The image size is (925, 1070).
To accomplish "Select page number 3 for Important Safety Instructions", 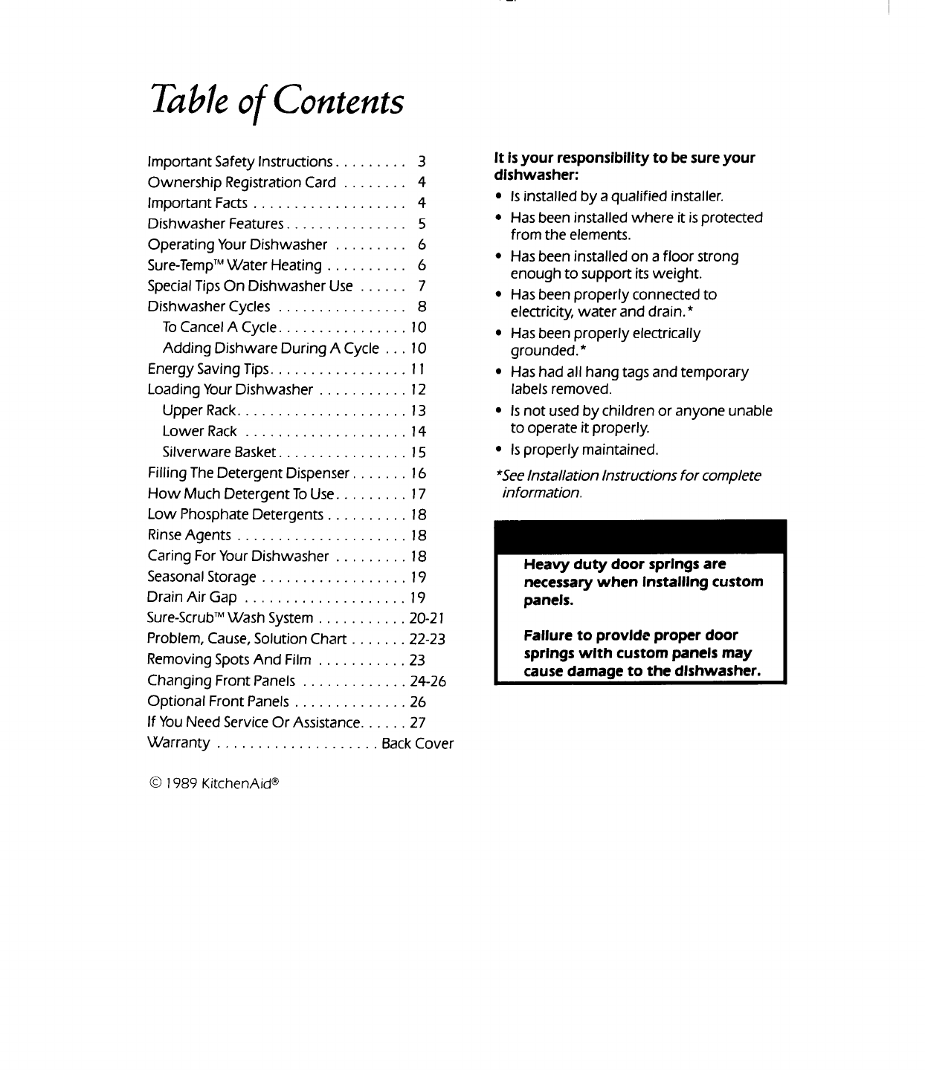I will point(421,161).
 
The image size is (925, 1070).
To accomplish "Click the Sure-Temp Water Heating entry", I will point(234,265).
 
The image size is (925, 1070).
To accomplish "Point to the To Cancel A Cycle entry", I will point(219,328).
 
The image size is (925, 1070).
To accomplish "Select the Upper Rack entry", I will point(199,411).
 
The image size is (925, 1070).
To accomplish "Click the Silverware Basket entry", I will point(219,453).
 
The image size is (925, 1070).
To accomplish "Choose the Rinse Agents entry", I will point(189,536).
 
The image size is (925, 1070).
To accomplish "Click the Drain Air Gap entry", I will point(192,597).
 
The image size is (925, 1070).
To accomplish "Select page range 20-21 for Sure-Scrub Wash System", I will point(427,618).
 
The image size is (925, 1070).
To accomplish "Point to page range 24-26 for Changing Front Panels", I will point(428,681).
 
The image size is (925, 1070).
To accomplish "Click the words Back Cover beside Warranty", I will point(417,744).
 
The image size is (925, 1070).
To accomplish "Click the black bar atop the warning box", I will point(640,536).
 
